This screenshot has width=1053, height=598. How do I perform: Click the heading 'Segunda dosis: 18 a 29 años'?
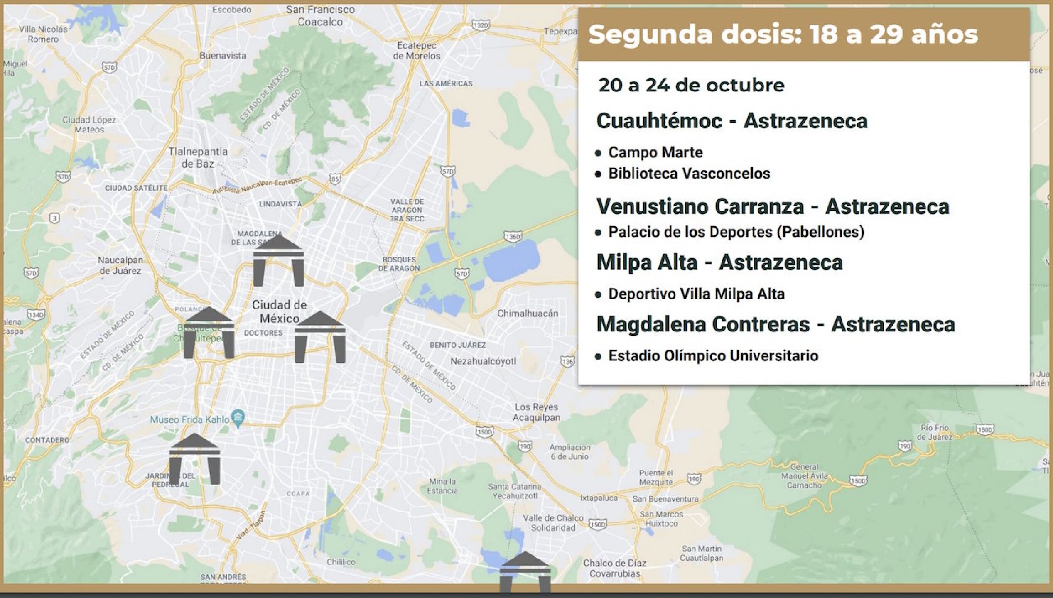click(x=783, y=34)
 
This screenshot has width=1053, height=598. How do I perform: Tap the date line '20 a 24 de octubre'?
click(x=691, y=86)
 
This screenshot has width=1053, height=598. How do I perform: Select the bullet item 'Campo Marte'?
click(x=655, y=152)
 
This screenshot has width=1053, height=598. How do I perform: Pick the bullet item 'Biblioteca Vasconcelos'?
click(x=689, y=174)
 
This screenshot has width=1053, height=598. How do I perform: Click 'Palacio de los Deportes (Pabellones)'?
click(x=736, y=232)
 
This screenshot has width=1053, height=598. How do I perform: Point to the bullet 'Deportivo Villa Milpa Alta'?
click(x=696, y=294)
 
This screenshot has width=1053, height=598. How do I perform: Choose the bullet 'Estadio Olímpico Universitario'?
click(x=713, y=356)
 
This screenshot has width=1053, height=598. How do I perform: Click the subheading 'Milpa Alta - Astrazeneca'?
click(x=719, y=262)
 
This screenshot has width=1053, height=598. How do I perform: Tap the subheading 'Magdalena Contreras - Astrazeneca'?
click(x=776, y=324)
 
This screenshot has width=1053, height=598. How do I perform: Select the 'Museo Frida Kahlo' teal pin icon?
click(x=238, y=418)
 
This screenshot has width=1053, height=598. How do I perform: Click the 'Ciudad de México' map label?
click(x=279, y=311)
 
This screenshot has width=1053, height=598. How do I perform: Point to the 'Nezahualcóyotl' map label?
click(x=483, y=361)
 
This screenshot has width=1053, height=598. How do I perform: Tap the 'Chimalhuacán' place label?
click(x=528, y=314)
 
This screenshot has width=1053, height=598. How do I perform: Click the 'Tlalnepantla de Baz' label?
click(x=198, y=157)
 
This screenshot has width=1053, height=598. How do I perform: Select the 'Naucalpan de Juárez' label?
click(x=120, y=265)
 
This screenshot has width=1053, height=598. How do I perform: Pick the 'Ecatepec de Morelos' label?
click(x=417, y=50)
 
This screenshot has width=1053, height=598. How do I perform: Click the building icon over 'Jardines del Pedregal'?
click(x=194, y=459)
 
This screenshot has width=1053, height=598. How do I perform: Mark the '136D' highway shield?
click(x=513, y=237)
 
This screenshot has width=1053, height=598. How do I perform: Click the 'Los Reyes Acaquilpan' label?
click(x=536, y=412)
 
